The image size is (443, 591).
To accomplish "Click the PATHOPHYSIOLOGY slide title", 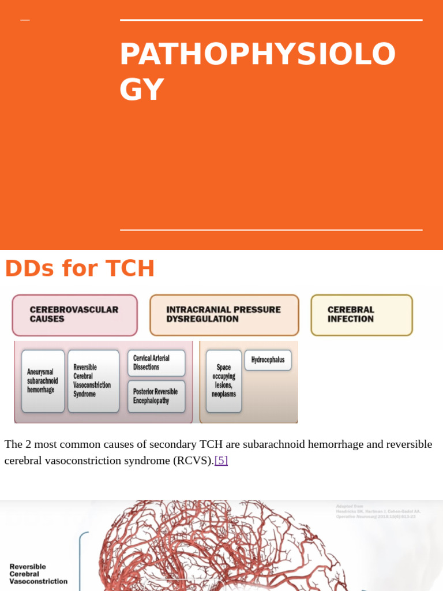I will coord(257,71).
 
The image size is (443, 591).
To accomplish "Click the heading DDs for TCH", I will coord(80,268).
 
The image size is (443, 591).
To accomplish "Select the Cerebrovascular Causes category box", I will coord(74,315).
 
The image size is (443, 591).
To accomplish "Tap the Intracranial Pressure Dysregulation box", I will coord(224,315).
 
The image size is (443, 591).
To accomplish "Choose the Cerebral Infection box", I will coord(362,315).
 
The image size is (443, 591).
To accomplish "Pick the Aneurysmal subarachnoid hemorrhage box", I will coord(43,381).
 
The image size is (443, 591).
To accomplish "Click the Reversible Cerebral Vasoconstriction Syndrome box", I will coord(93,381).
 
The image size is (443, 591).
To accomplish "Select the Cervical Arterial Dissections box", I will coord(156,362).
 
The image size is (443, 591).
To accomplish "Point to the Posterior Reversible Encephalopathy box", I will coord(156,396).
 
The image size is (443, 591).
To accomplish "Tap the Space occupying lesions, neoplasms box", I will coord(224,381).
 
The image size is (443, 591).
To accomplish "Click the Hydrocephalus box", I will coord(268,360).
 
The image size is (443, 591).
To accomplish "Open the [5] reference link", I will coord(221,461).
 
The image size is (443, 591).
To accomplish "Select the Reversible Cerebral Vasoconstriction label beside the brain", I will coord(38,574).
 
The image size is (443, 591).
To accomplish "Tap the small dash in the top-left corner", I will coord(25,20).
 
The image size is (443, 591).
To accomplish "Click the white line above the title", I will coord(271,20).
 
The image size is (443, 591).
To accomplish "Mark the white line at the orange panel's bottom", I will coord(271,230).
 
